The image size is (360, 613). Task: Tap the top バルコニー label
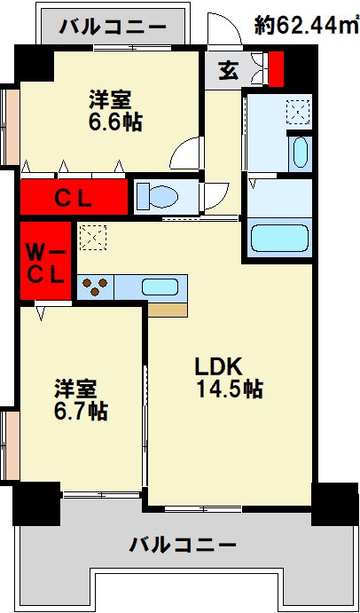point(113,28)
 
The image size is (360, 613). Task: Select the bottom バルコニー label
point(181,543)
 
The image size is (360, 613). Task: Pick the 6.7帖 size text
point(80,411)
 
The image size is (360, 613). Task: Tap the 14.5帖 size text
point(229,389)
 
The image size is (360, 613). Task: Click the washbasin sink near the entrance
point(299,151)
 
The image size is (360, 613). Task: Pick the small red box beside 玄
point(276,70)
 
